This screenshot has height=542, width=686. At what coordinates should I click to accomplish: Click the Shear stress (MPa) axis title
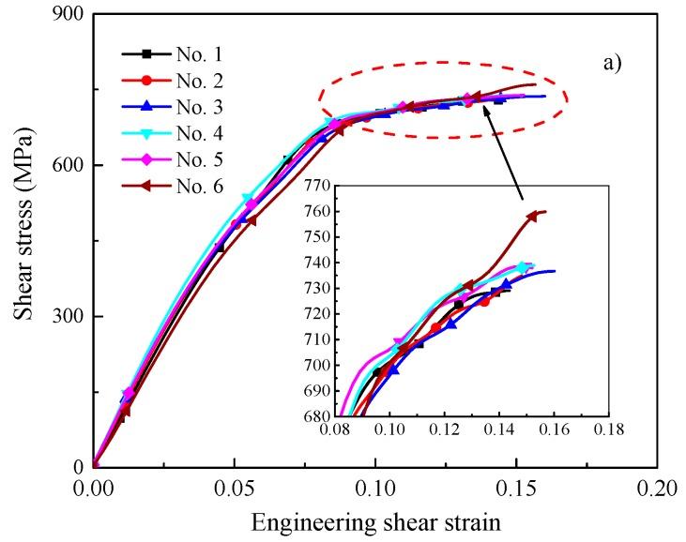[23, 241]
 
